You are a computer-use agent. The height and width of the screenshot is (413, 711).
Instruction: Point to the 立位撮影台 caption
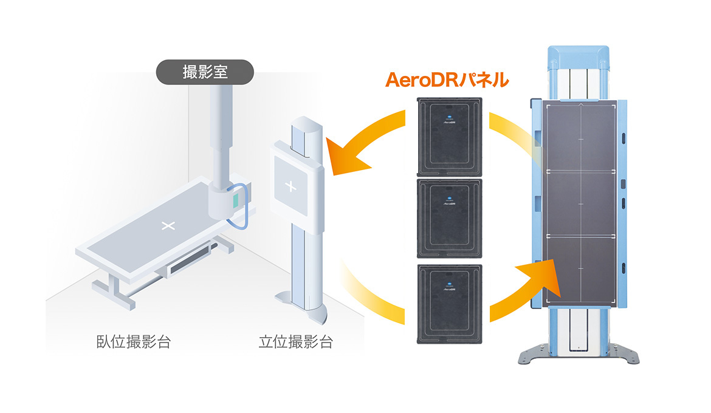[296, 342]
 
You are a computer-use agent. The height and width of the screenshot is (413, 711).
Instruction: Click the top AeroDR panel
[448, 136]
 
